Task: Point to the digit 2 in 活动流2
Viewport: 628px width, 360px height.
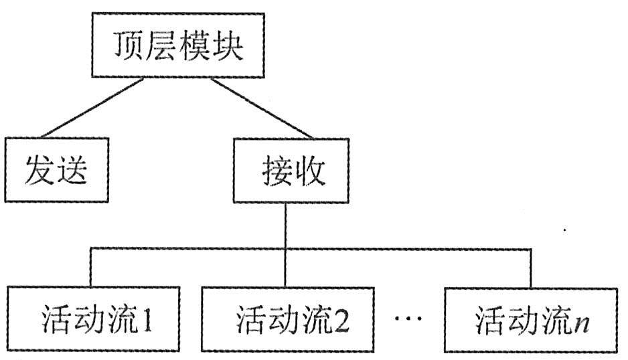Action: pos(341,320)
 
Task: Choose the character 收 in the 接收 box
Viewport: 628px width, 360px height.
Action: pos(311,171)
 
